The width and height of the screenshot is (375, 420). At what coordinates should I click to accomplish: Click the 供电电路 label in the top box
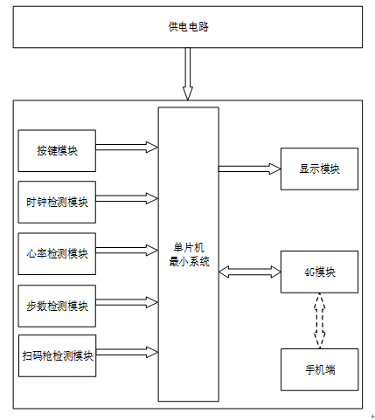[x=188, y=27]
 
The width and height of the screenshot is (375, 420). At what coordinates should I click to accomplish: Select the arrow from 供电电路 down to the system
[x=188, y=74]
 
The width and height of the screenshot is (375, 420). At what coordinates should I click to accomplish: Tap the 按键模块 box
[x=57, y=151]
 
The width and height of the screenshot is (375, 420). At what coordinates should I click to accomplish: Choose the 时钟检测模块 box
[x=57, y=203]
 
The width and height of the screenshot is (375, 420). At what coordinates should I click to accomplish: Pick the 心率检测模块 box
[x=57, y=254]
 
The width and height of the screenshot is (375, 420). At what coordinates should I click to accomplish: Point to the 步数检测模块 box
[x=57, y=306]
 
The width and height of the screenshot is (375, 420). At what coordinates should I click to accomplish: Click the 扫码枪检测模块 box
[x=57, y=355]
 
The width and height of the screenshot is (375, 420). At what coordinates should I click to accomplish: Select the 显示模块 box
[x=319, y=169]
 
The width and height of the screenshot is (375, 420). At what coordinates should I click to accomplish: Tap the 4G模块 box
[x=319, y=272]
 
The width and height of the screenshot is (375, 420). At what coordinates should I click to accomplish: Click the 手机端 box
[x=320, y=369]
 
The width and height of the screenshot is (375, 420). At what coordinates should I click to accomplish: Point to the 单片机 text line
[x=189, y=248]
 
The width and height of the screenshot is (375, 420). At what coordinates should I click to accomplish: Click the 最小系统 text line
[x=189, y=262]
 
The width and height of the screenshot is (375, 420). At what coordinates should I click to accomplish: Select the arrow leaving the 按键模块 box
[x=127, y=148]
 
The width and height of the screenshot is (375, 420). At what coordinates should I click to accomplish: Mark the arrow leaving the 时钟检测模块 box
[x=127, y=199]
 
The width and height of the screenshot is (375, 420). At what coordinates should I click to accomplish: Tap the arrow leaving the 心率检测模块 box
[x=127, y=251]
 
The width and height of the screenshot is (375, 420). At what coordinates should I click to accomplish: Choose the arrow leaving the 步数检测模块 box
[x=127, y=302]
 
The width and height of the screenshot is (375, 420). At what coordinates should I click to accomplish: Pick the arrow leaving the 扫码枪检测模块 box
[x=128, y=352]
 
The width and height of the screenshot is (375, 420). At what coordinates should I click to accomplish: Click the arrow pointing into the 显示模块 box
[x=250, y=169]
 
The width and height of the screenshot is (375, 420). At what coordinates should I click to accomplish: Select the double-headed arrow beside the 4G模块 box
[x=250, y=272]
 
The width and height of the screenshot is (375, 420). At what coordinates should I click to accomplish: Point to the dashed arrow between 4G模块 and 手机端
[x=320, y=320]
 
